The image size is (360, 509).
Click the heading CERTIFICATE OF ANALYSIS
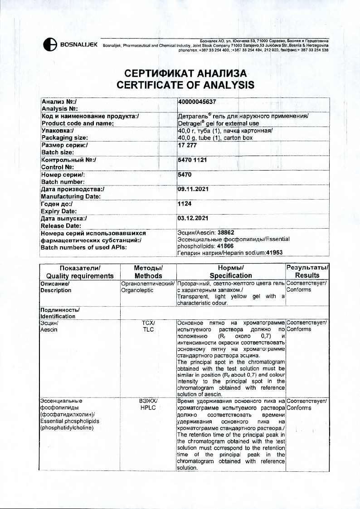pos(185,85)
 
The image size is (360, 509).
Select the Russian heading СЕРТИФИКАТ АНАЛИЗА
pos(185,74)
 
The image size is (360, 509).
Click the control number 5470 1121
pos(193,160)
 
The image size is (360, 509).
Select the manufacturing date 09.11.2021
pos(193,189)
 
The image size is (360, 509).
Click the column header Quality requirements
pos(80,276)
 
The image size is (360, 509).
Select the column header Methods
pos(148,276)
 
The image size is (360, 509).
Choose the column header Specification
pos(231,276)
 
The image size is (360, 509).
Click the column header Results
pos(307,275)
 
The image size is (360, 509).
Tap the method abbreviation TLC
pos(148,329)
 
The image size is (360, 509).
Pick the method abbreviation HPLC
pos(148,408)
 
